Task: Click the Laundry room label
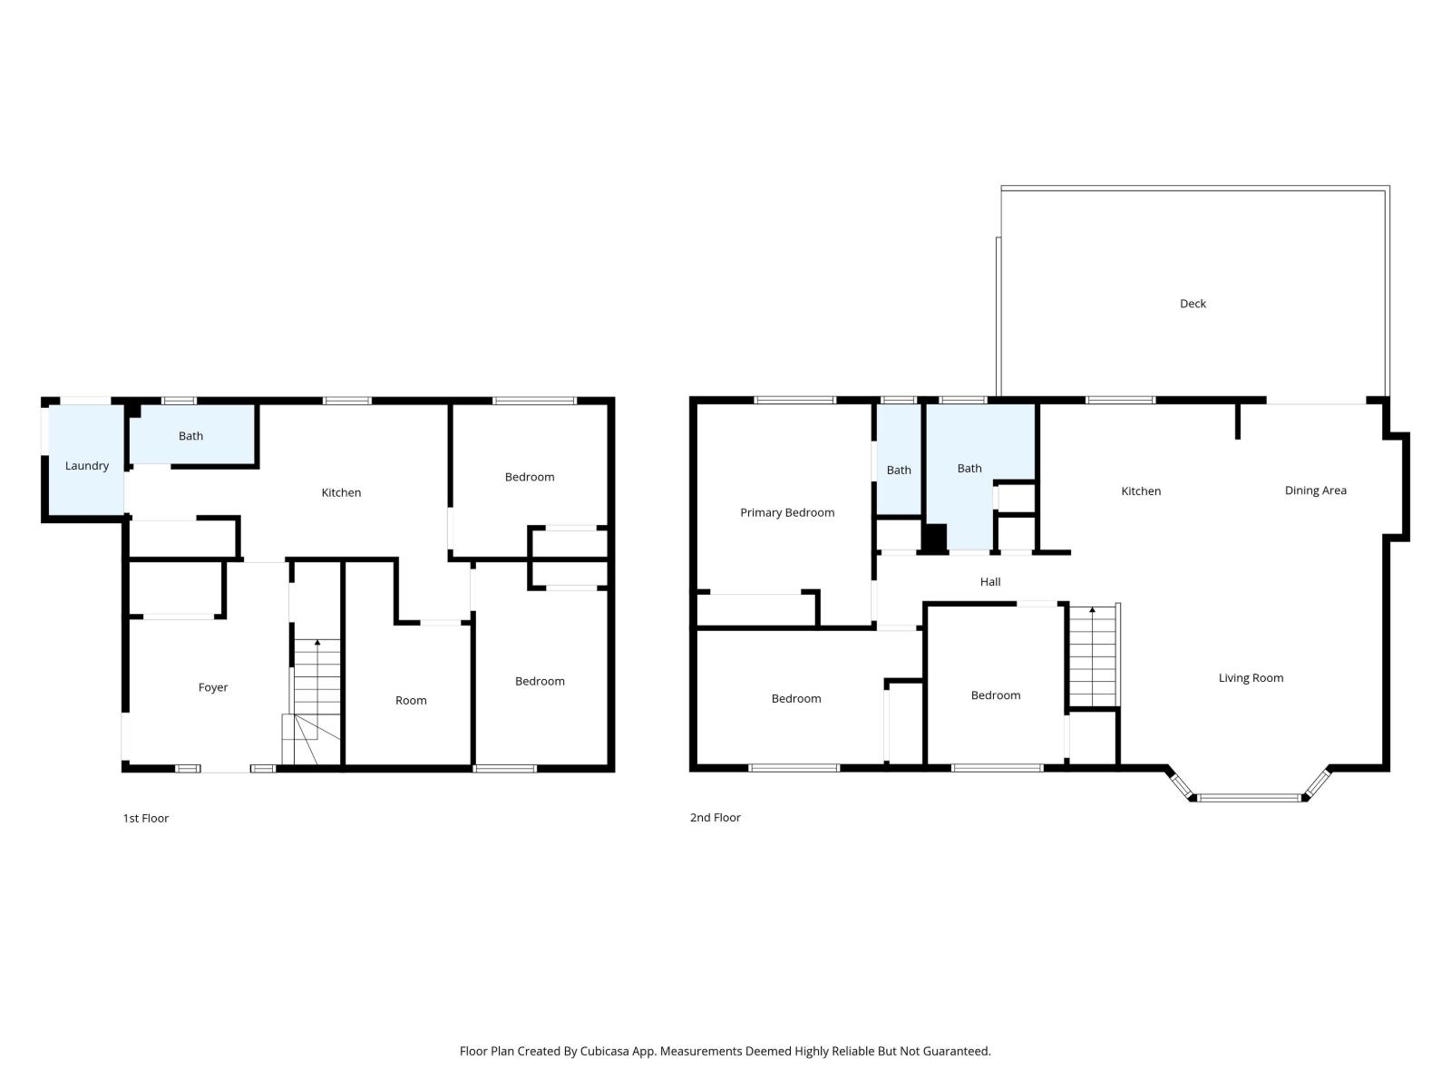pos(87,466)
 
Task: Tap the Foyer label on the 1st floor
pos(213,687)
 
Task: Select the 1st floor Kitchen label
pos(341,492)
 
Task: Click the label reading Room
pos(411,700)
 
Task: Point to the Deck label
pos(1193,304)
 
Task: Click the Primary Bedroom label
pos(787,512)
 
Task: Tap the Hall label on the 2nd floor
pos(990,582)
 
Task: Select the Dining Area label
pos(1315,491)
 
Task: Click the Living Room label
pos(1251,678)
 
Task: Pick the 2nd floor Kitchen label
pos(1141,491)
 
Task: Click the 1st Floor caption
pos(146,818)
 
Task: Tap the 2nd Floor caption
pos(716,817)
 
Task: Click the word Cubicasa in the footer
pos(628,1052)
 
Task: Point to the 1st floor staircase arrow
pos(317,643)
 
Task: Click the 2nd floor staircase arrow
pos(1092,610)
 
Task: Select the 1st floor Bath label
pos(190,436)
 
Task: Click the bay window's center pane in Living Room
pos(1250,798)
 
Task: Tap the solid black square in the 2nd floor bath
pos(934,537)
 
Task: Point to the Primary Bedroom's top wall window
pos(794,400)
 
